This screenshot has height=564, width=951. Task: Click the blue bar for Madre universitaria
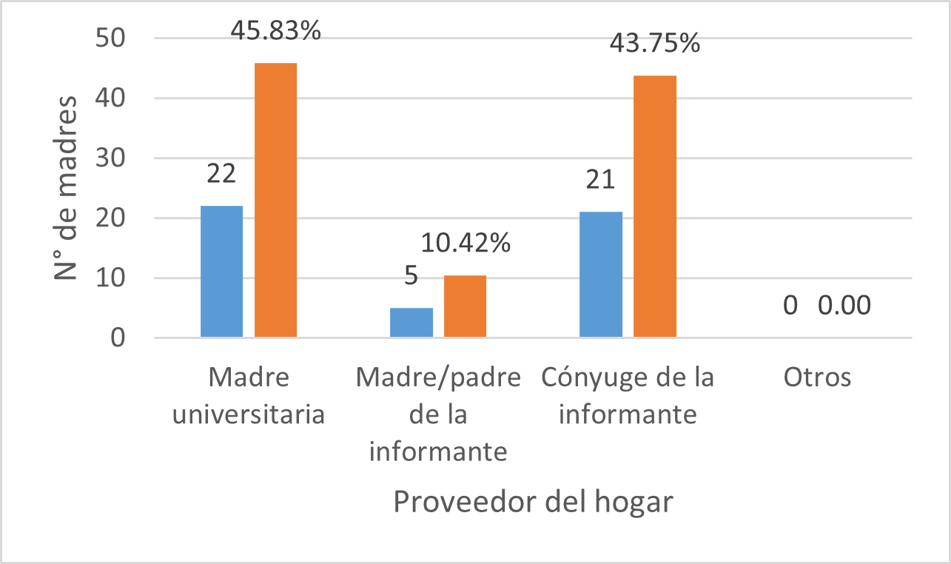click(x=221, y=272)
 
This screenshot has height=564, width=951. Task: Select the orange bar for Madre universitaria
click(x=275, y=201)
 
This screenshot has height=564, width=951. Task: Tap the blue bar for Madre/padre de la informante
click(x=411, y=323)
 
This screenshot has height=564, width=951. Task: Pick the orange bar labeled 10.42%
click(x=465, y=306)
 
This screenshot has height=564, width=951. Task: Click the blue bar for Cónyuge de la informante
click(x=600, y=275)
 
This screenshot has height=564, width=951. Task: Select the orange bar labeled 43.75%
click(x=655, y=207)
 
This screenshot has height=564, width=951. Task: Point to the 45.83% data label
click(x=275, y=31)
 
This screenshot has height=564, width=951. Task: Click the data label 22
click(x=221, y=174)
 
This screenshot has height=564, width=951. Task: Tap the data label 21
click(x=600, y=180)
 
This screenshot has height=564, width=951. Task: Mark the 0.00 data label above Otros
click(x=844, y=305)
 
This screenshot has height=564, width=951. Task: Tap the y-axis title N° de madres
click(x=67, y=188)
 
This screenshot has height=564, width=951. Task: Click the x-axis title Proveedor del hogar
click(x=533, y=502)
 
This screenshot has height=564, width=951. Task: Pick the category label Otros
click(x=817, y=377)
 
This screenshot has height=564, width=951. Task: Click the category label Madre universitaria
click(x=248, y=396)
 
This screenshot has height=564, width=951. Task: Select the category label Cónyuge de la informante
click(x=628, y=396)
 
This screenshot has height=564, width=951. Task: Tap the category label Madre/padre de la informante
click(x=438, y=414)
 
